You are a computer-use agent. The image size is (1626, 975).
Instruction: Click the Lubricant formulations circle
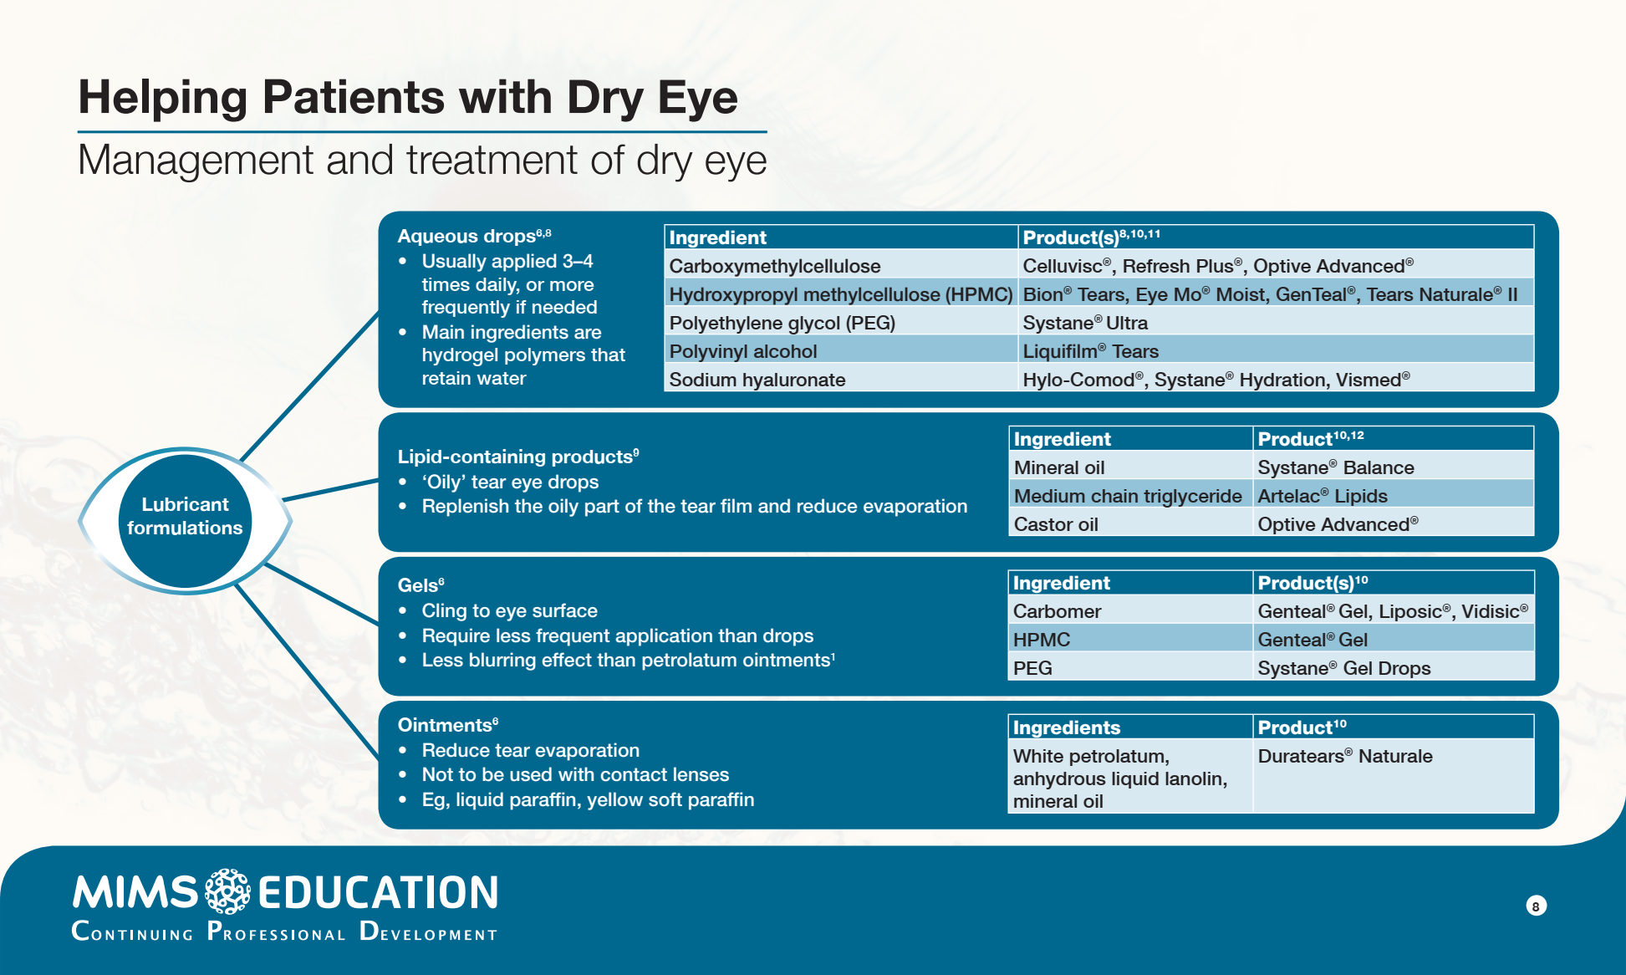pyautogui.click(x=185, y=517)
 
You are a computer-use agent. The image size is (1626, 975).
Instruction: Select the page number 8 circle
pyautogui.click(x=1536, y=906)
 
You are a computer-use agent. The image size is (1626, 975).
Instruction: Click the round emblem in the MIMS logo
pyautogui.click(x=227, y=891)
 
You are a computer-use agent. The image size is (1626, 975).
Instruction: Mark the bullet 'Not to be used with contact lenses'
pyautogui.click(x=575, y=774)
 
